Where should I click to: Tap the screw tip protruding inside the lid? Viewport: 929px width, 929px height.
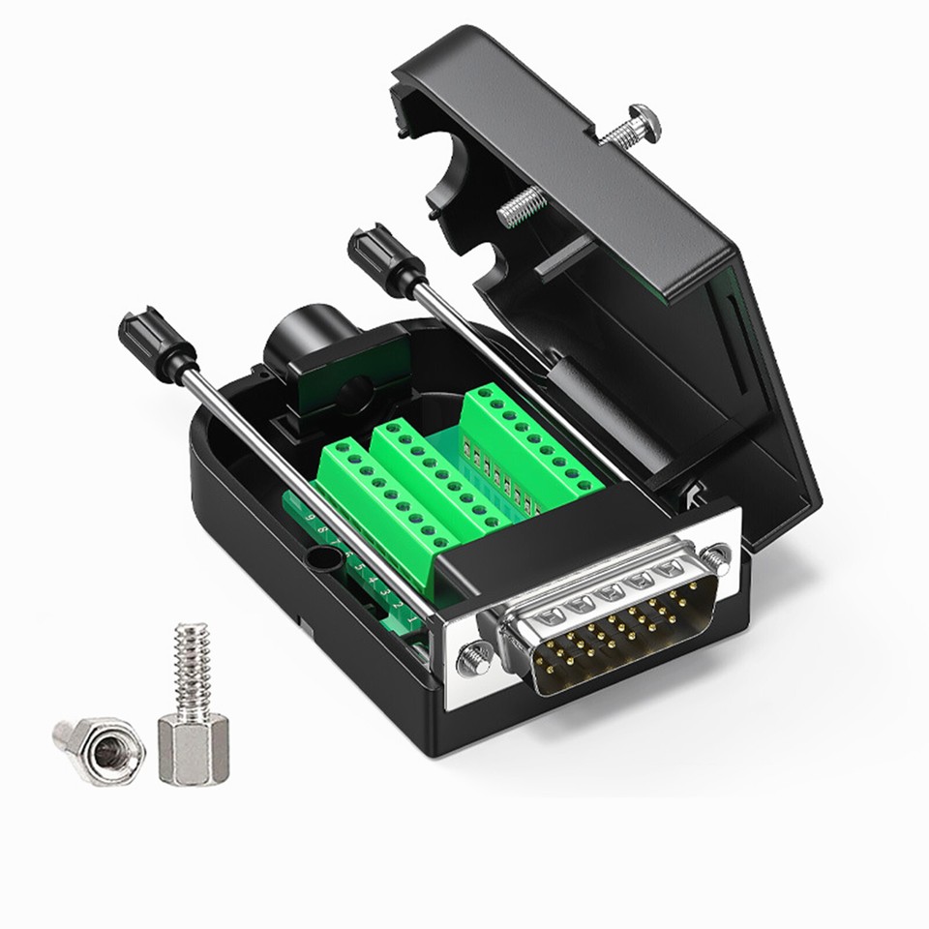521,206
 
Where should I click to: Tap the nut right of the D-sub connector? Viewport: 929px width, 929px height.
716,556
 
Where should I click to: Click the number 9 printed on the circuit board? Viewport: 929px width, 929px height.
311,518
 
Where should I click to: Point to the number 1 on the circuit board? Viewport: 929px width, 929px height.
410,616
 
